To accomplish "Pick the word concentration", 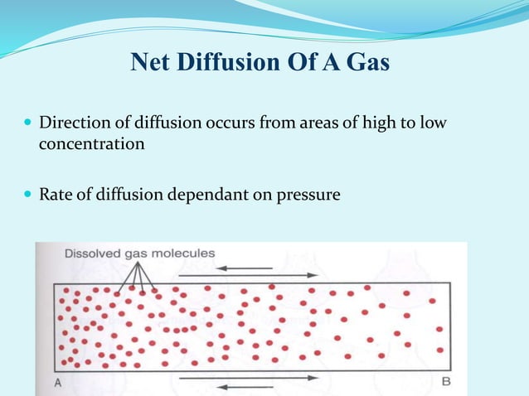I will pyautogui.click(x=92, y=143).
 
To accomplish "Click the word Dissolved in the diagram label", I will pyautogui.click(x=92, y=254).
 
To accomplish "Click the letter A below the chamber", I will pyautogui.click(x=58, y=382).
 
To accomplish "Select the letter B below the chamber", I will pyautogui.click(x=446, y=382).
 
